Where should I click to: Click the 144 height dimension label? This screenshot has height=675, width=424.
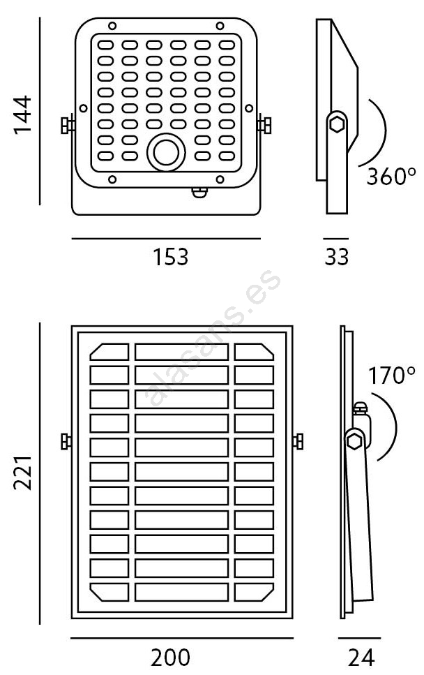click(22, 115)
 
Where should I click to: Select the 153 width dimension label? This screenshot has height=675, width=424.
click(171, 257)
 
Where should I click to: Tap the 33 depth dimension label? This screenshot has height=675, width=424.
click(337, 257)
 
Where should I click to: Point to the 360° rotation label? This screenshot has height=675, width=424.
click(391, 176)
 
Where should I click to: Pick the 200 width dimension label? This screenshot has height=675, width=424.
click(171, 657)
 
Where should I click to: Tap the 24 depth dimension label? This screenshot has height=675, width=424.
click(361, 657)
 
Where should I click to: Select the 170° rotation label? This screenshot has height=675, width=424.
click(392, 376)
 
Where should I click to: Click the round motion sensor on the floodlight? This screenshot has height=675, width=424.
click(166, 151)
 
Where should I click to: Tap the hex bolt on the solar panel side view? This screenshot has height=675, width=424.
click(354, 440)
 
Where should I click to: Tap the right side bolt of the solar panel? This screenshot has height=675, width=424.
click(299, 441)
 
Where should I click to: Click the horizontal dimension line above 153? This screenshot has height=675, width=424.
click(165, 239)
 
